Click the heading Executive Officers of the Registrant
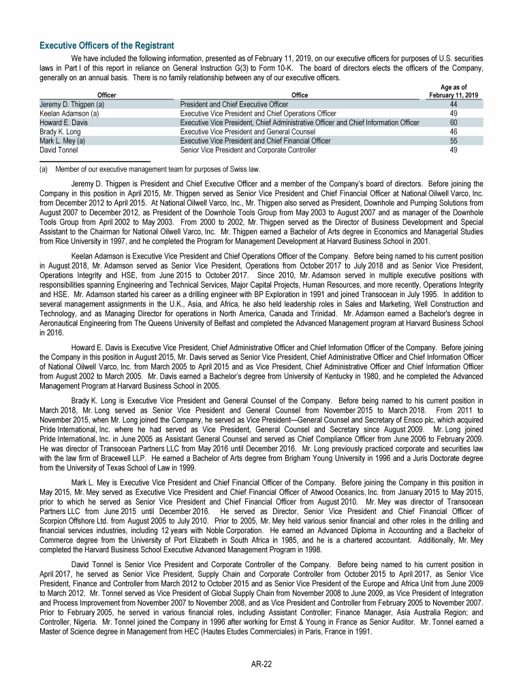[106, 46]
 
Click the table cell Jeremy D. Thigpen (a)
[72, 105]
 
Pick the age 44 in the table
[454, 105]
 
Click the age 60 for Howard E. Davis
[454, 122]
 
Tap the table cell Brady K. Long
[62, 131]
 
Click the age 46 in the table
[454, 131]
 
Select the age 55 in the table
[454, 140]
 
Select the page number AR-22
[261, 664]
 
